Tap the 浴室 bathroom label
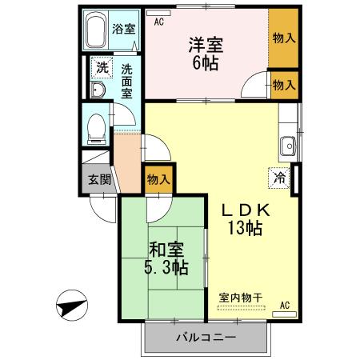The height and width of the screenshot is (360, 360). (x=125, y=30)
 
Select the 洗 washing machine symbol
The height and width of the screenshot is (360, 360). (x=101, y=68)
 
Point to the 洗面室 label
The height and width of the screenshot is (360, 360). (x=127, y=80)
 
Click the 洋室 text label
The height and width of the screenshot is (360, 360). (x=204, y=45)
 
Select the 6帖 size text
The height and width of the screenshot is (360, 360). (x=205, y=64)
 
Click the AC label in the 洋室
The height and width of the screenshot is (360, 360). (x=158, y=22)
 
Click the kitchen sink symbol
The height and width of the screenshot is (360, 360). (x=288, y=146)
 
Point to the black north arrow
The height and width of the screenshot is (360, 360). (x=71, y=304)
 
